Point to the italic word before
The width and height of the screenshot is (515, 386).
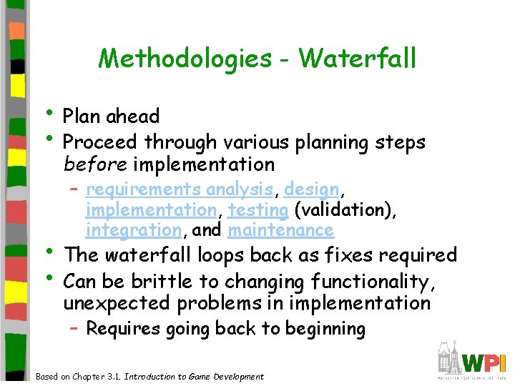click(95, 164)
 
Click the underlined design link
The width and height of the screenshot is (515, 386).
click(311, 189)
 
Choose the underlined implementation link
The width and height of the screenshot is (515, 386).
click(151, 210)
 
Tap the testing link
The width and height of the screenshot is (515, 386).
click(258, 210)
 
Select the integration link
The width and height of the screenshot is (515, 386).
click(133, 230)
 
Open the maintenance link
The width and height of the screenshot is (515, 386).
click(281, 230)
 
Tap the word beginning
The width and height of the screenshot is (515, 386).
click(325, 329)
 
